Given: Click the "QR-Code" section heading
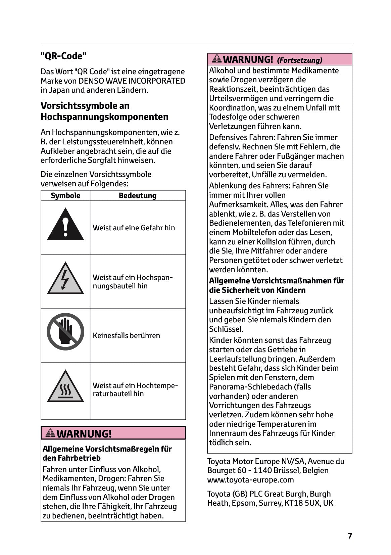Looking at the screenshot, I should click(x=63, y=56).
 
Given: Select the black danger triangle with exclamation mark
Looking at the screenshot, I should click(x=65, y=225).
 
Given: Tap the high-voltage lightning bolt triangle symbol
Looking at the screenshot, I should click(x=65, y=279).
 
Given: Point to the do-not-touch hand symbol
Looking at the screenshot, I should click(x=65, y=332).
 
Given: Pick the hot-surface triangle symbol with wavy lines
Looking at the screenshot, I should click(x=65, y=387).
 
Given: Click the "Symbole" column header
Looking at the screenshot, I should click(x=65, y=195).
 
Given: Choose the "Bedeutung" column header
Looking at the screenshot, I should click(x=138, y=195).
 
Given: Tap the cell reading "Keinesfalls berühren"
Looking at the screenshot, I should click(x=126, y=335).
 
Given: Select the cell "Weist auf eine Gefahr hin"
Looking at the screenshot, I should click(x=134, y=228).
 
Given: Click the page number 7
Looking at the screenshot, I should click(x=350, y=536).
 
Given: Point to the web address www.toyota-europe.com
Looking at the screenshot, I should click(x=250, y=480).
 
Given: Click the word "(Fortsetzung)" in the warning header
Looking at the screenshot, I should click(x=299, y=60).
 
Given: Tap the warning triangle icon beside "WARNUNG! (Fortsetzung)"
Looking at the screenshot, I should click(x=217, y=59).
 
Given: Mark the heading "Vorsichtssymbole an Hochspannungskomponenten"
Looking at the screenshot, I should click(x=104, y=111).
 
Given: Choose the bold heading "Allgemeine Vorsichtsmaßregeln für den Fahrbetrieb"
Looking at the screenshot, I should click(x=107, y=453).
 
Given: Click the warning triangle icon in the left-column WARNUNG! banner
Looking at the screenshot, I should click(x=50, y=433).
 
